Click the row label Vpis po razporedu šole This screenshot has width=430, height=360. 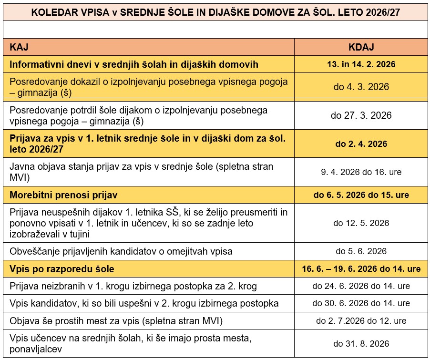pyautogui.click(x=62, y=269)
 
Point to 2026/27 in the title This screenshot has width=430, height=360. pyautogui.click(x=381, y=12)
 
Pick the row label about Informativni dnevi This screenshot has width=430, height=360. pyautogui.click(x=134, y=63)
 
